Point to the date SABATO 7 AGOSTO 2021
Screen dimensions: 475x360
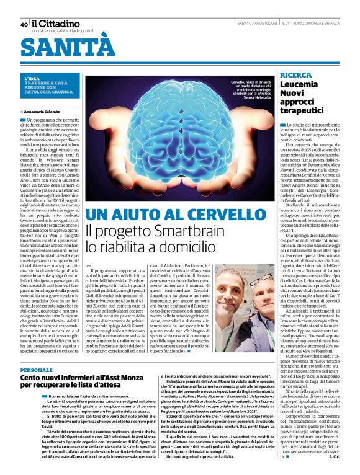(256, 24)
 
